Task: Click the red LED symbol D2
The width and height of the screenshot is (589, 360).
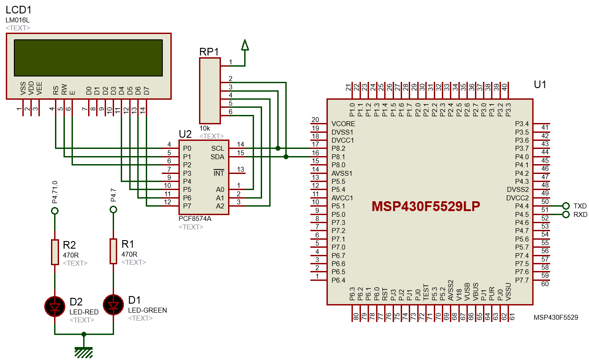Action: [55, 306]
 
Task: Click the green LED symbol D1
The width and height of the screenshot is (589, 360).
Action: [113, 305]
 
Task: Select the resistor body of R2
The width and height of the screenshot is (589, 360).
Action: [55, 252]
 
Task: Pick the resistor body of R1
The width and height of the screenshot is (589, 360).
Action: [113, 251]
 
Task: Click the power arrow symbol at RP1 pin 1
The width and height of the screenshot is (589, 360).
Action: [245, 45]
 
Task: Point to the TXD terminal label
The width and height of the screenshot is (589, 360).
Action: [580, 206]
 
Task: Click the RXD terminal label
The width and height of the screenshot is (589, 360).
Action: [580, 215]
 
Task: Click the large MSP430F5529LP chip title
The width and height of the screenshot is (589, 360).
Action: [426, 207]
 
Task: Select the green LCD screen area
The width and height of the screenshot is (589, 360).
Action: [88, 58]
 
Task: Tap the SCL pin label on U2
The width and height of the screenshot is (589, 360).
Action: [217, 148]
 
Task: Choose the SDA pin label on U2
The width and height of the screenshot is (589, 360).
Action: [217, 157]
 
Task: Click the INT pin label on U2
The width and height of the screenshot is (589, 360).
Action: [219, 173]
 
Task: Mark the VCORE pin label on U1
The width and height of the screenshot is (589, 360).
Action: [343, 124]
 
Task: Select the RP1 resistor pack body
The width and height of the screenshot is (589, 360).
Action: [210, 91]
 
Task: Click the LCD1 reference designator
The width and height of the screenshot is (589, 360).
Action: [19, 10]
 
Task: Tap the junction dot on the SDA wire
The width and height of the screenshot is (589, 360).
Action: [286, 157]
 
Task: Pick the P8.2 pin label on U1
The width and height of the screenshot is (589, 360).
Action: [339, 148]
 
